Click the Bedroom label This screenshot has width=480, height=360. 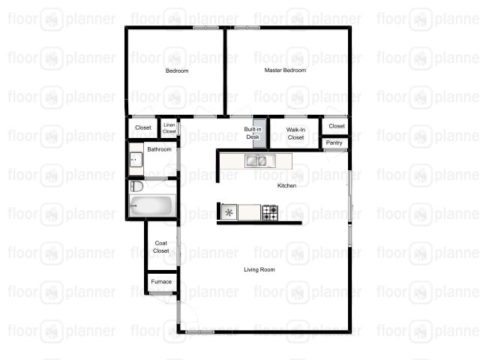coord(177,71)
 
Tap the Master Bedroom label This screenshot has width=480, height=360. coord(285,70)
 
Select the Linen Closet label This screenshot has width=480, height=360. coord(169,129)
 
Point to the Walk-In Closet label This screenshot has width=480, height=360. coord(295,133)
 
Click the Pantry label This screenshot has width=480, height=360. coord(334,142)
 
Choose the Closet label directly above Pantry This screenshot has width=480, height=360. coord(337,126)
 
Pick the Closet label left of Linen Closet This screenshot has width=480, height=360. coord(142,127)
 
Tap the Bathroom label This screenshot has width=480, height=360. coord(159,149)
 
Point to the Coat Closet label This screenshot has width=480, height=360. coord(161,247)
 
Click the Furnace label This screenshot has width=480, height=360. coord(161,282)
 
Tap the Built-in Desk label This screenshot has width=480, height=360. coord(253,133)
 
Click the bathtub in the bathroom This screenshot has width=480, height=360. coord(151,206)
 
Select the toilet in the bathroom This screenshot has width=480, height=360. coord(136,186)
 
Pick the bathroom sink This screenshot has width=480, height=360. coord(135,159)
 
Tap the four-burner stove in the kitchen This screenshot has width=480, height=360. coord(269,212)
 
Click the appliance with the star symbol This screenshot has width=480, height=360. coord(228,212)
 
